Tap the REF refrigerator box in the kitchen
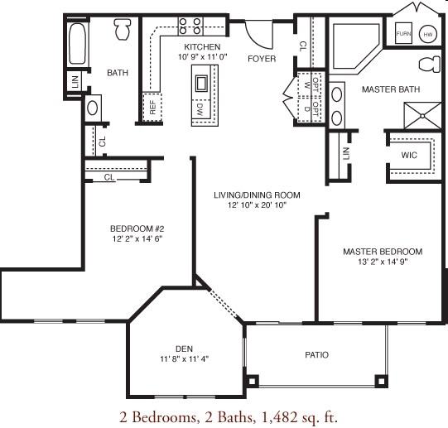(152, 105)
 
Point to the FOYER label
(262, 59)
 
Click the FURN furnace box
(404, 34)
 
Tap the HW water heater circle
(428, 34)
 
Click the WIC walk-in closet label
(408, 155)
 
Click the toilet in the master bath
(429, 65)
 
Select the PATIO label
(316, 355)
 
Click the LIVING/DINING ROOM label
(257, 195)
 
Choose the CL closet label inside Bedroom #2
(109, 177)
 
